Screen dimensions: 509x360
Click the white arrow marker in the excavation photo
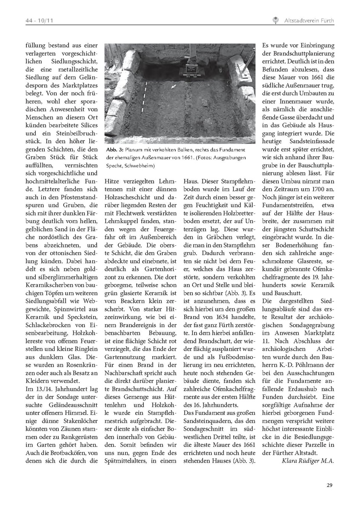pos(173,87)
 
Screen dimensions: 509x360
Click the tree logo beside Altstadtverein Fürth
pos(275,20)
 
